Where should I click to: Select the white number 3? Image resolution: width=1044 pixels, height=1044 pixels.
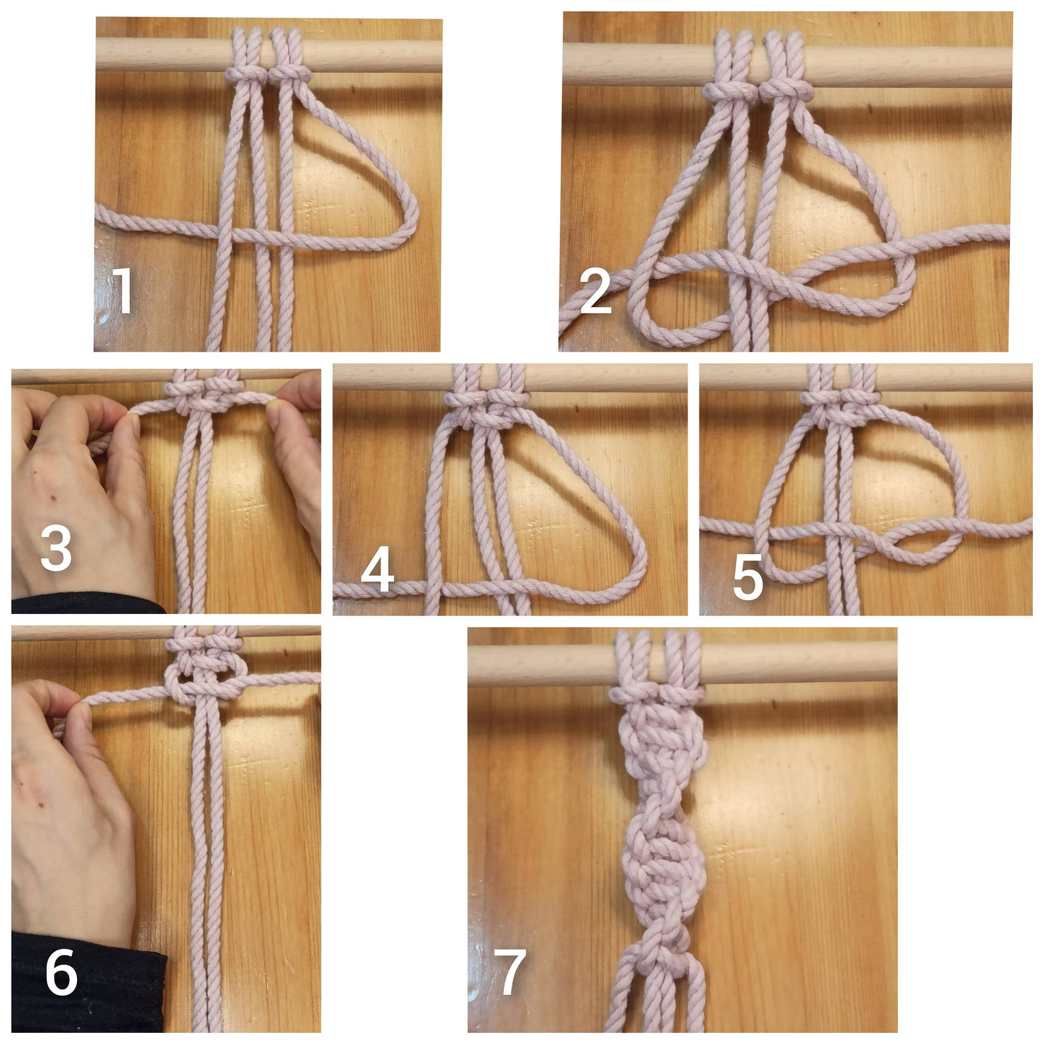pyautogui.click(x=56, y=549)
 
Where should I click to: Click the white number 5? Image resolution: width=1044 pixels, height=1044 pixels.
pyautogui.click(x=747, y=577)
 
